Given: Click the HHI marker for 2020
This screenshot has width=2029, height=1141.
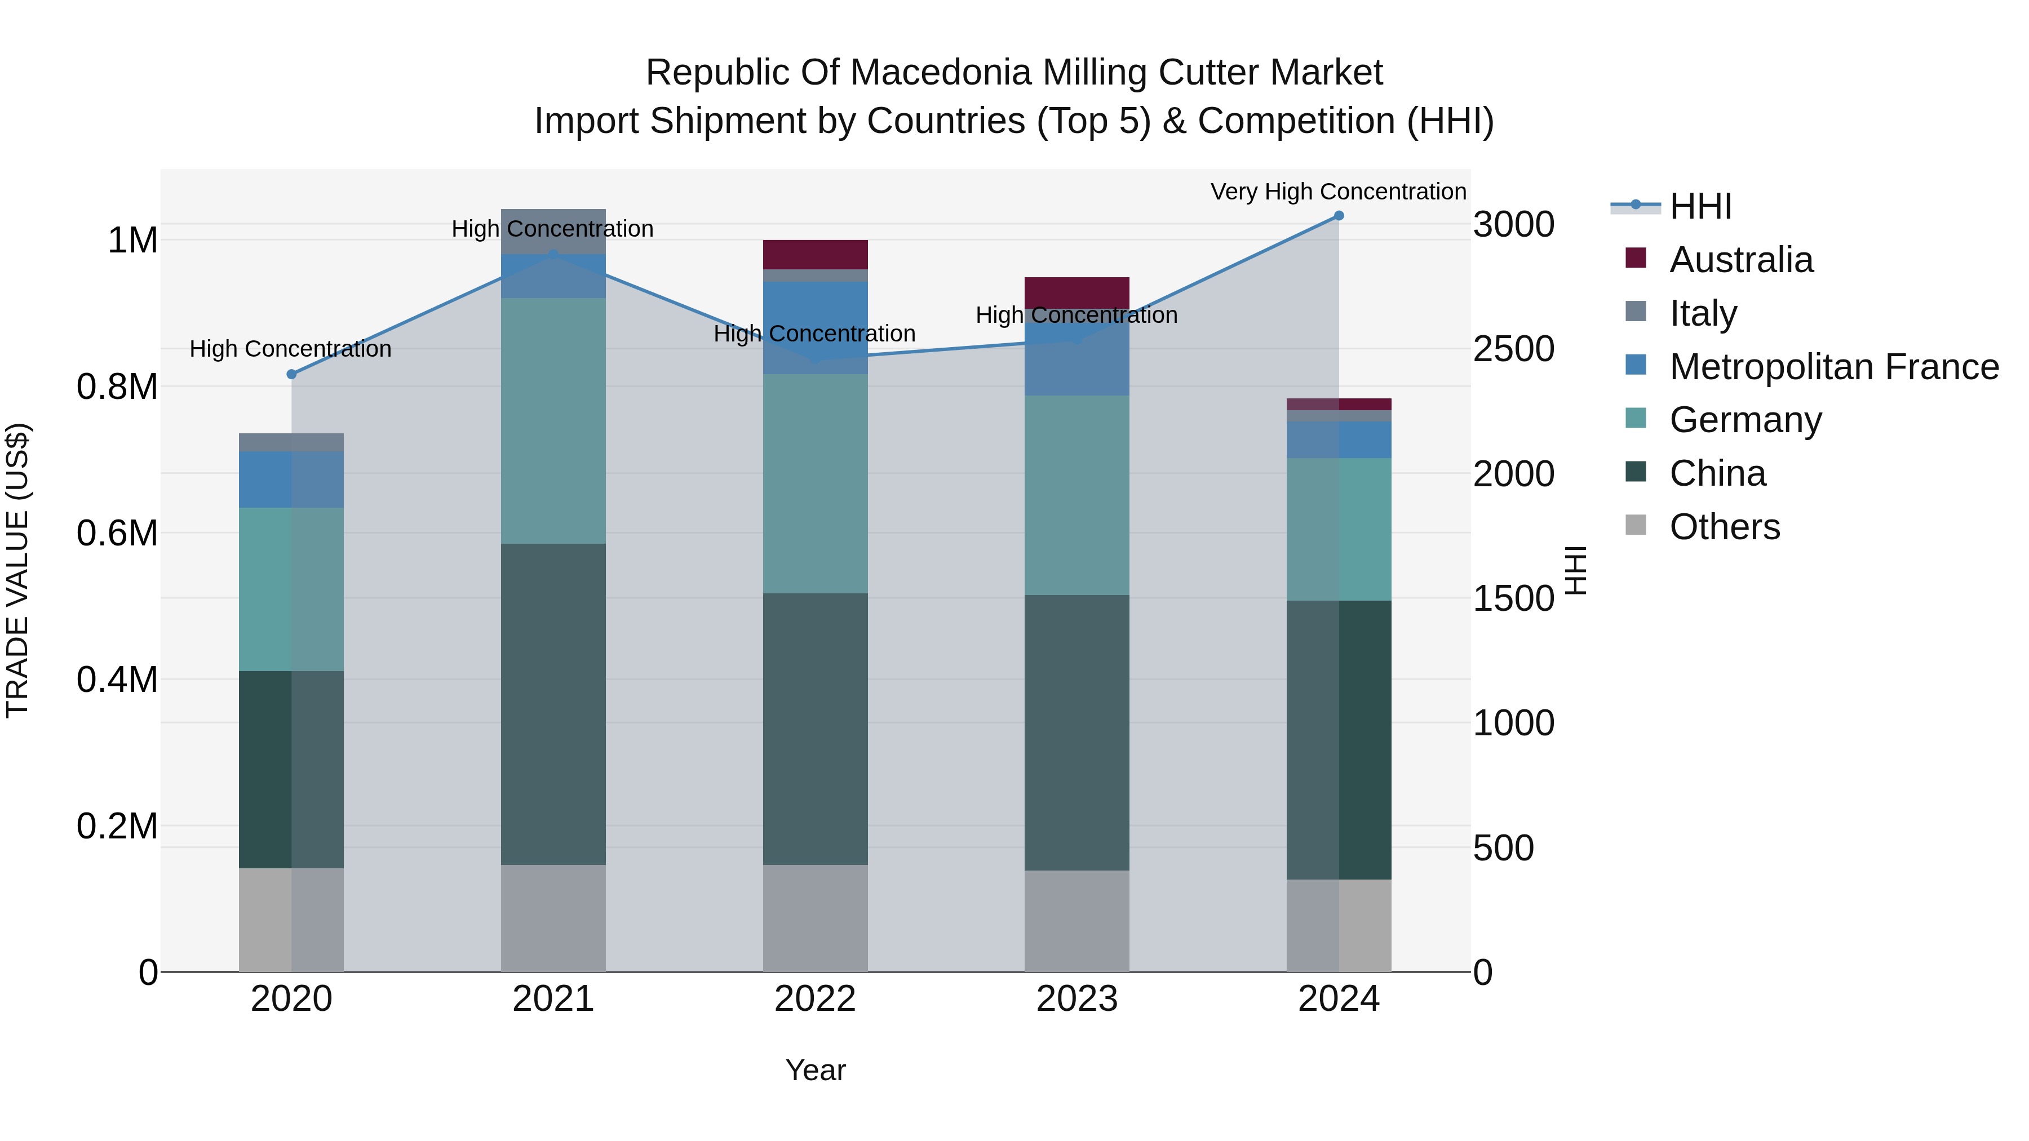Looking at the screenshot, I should pyautogui.click(x=291, y=374).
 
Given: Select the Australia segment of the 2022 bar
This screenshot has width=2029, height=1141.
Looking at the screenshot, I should pyautogui.click(x=815, y=254).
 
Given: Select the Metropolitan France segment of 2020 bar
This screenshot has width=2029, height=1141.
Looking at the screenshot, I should pyautogui.click(x=291, y=479).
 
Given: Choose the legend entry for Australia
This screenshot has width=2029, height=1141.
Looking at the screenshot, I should pyautogui.click(x=1741, y=260).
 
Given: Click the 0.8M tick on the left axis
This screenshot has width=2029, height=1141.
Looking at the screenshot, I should pyautogui.click(x=117, y=387).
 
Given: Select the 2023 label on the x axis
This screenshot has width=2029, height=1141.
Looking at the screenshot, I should pyautogui.click(x=1076, y=999).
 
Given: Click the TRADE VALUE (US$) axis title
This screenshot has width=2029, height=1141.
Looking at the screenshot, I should pyautogui.click(x=17, y=570).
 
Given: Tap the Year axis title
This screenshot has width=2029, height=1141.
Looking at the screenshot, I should pyautogui.click(x=815, y=1070).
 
